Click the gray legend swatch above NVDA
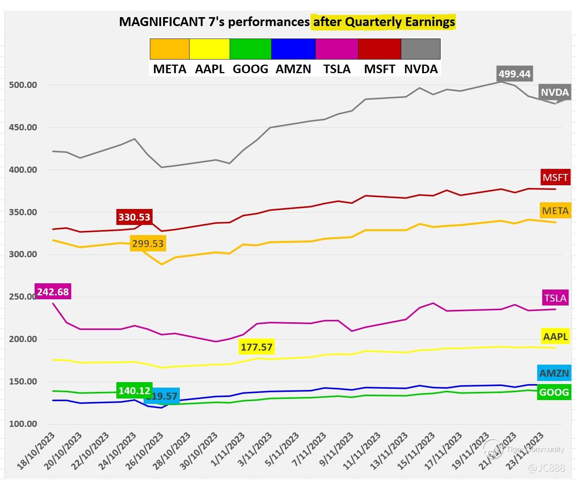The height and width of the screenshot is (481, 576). click(x=420, y=49)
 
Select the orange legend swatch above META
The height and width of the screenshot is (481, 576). click(x=170, y=49)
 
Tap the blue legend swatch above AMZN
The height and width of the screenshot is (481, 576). click(x=293, y=49)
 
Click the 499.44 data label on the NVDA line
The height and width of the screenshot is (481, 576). click(x=515, y=74)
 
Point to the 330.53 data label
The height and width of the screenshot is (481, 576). click(x=134, y=217)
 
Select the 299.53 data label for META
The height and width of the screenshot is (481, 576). click(x=148, y=244)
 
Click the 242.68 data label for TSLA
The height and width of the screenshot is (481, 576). click(x=53, y=291)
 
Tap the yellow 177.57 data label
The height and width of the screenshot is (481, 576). click(x=256, y=347)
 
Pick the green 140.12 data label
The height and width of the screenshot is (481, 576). click(x=134, y=390)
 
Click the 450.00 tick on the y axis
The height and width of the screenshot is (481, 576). click(x=23, y=128)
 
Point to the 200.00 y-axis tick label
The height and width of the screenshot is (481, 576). click(x=23, y=339)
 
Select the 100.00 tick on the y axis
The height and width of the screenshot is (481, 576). click(x=23, y=424)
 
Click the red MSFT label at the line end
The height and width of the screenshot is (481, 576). click(x=555, y=177)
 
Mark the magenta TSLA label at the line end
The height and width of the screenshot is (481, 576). click(x=555, y=298)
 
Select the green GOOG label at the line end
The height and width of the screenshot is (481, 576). click(x=554, y=392)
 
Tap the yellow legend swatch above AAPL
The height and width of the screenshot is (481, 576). click(x=209, y=49)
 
